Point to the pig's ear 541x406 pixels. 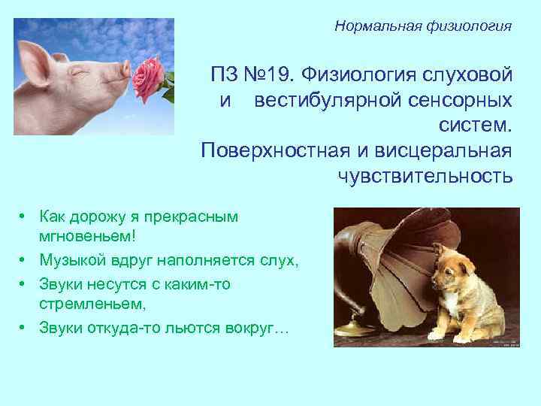click(35, 57)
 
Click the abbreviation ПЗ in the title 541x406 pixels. click(225, 75)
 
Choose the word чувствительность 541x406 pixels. click(425, 175)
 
